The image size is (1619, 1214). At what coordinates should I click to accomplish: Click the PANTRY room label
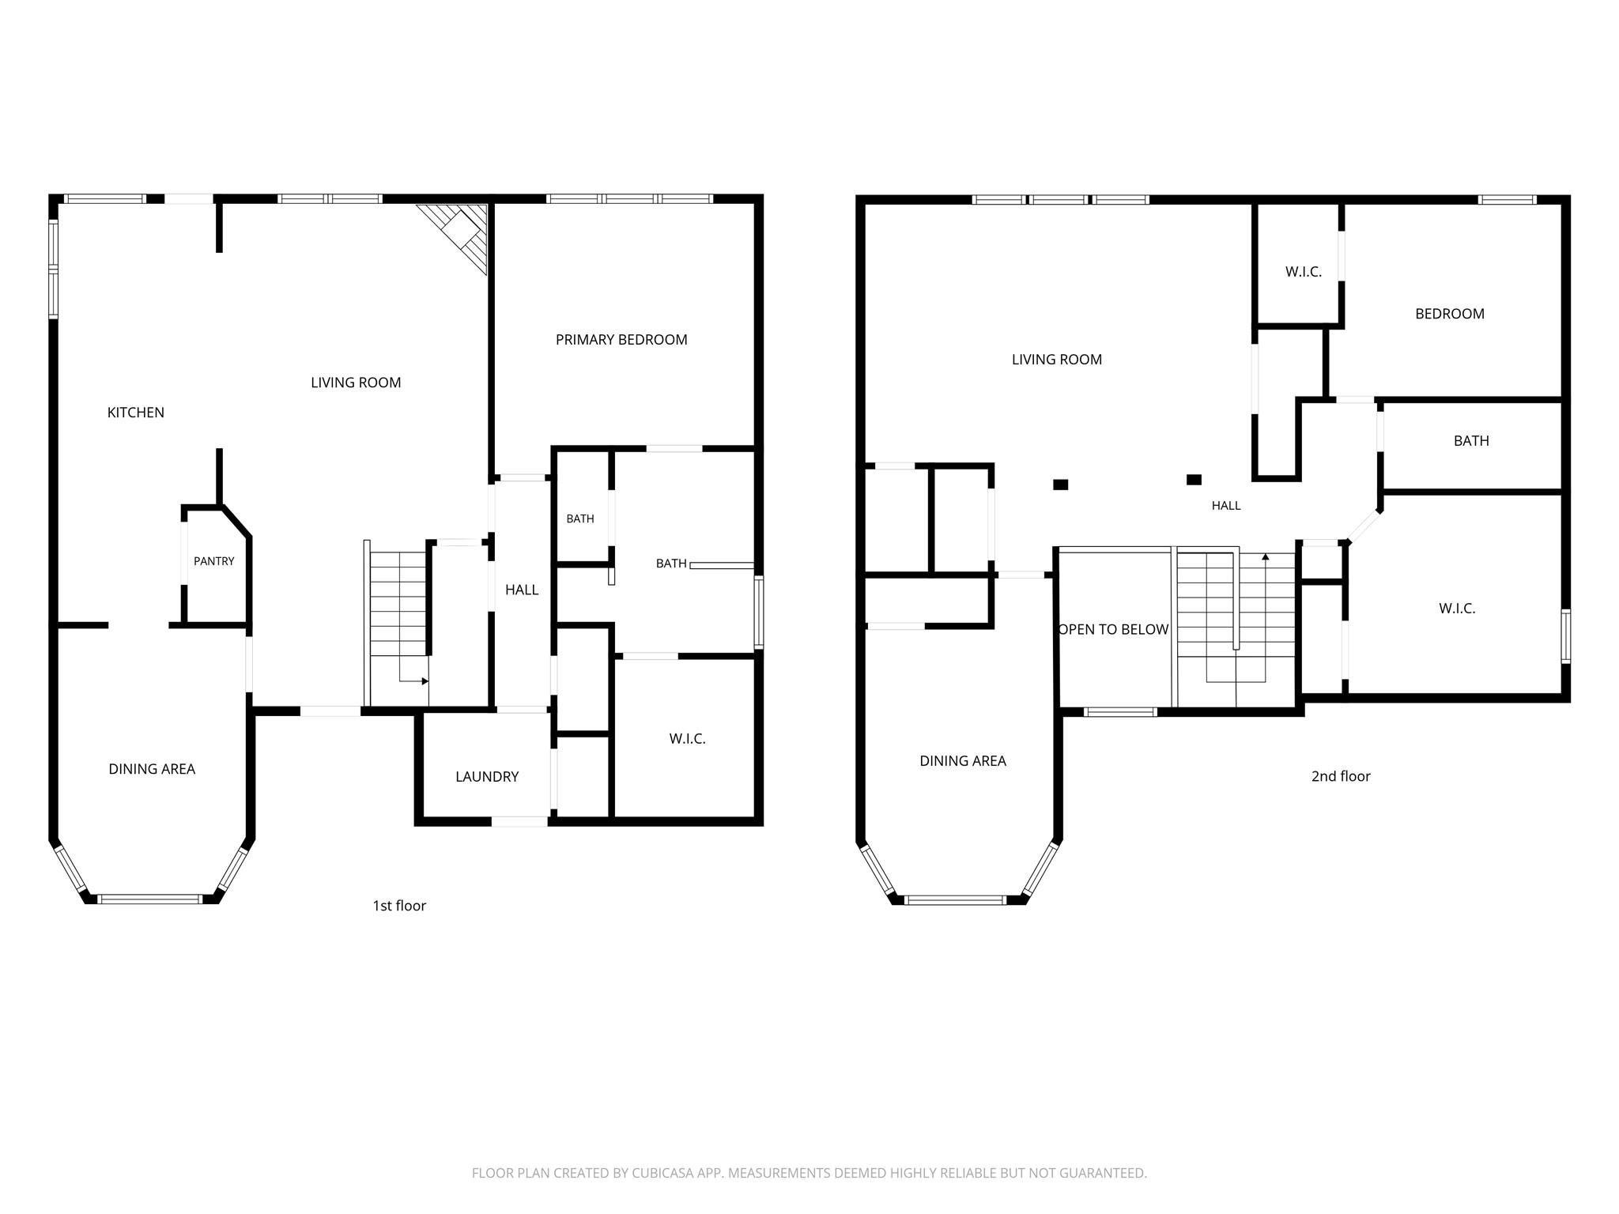tap(214, 561)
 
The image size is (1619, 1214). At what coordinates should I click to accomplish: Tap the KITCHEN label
tap(136, 413)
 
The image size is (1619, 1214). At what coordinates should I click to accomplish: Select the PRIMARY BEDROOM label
tap(621, 340)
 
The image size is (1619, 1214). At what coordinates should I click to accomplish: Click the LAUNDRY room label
tap(487, 777)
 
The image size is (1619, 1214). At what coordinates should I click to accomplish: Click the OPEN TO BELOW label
tap(1114, 630)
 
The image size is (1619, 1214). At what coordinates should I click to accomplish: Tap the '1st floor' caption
tap(399, 906)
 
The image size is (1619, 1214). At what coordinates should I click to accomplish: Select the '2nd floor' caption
tap(1341, 776)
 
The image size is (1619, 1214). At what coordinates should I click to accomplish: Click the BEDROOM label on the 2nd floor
tap(1450, 314)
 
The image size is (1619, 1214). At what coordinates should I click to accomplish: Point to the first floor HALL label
tap(522, 590)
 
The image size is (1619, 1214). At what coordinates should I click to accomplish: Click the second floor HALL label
tap(1226, 506)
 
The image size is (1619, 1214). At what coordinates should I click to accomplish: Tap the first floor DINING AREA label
tap(152, 769)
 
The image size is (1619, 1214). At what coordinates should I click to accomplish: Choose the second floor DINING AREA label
tap(963, 761)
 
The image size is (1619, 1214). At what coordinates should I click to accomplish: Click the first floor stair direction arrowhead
tap(425, 681)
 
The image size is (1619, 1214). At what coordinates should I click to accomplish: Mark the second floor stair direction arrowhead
tap(1266, 557)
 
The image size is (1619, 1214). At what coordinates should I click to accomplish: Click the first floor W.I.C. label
tap(687, 739)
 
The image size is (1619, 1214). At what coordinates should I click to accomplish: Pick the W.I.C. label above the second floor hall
tap(1304, 272)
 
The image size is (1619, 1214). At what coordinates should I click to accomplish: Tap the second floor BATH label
tap(1471, 441)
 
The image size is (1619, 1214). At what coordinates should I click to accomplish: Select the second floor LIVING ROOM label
tap(1057, 360)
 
